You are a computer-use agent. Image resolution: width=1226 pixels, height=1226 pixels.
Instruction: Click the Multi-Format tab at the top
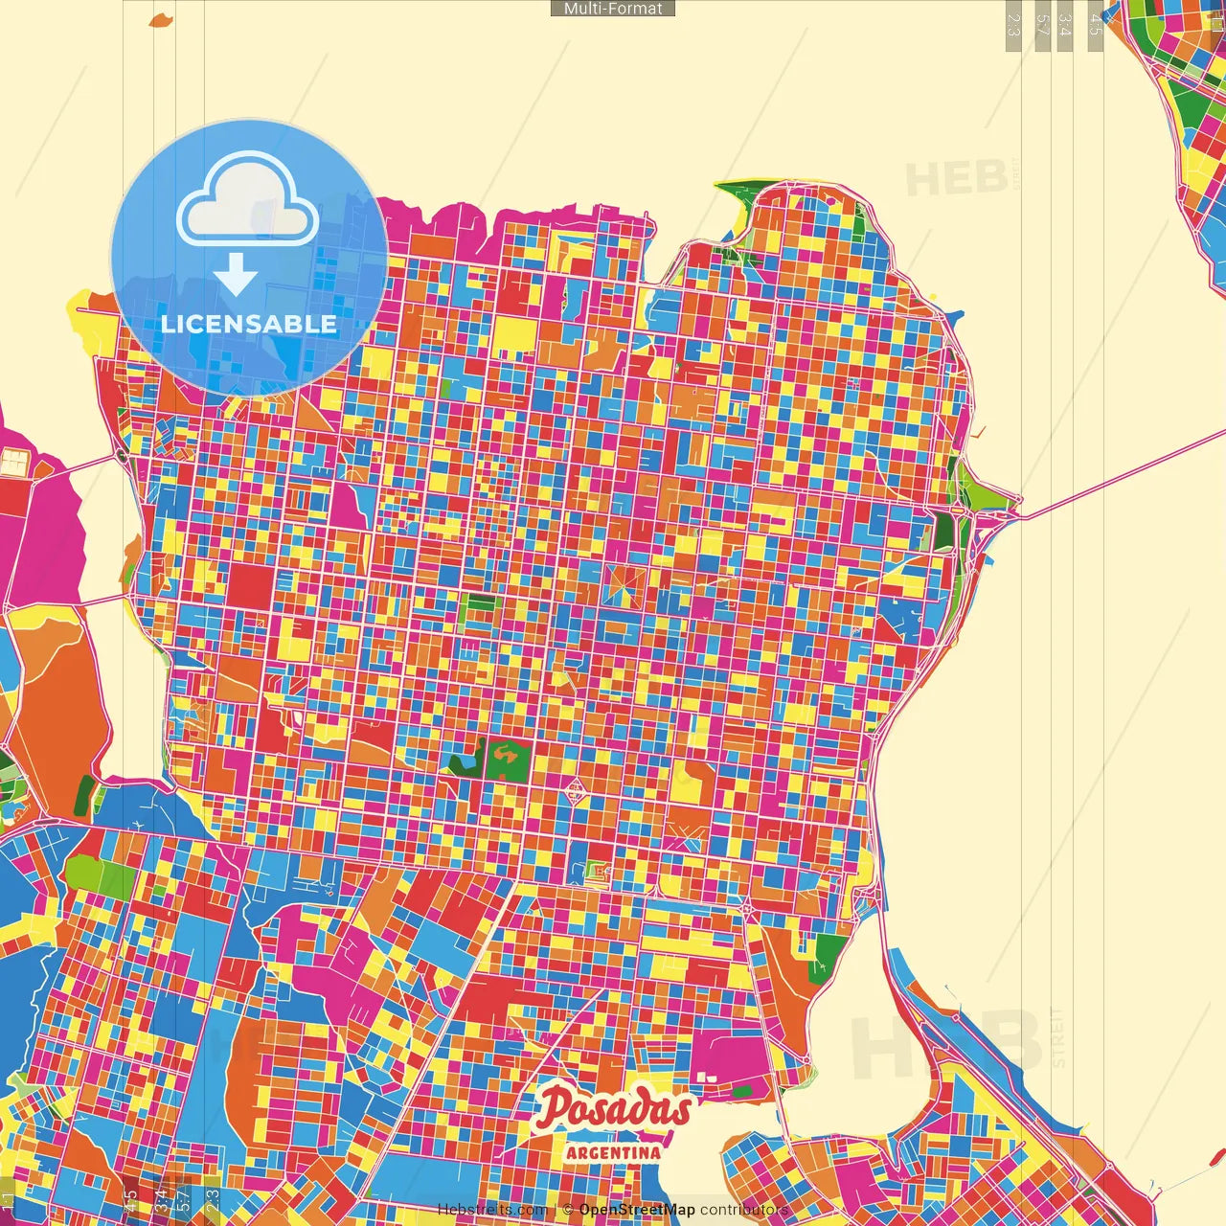tap(613, 9)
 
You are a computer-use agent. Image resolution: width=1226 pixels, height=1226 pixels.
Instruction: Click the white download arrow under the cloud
tap(235, 275)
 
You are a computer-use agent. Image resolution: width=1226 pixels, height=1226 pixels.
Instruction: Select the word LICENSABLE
tap(249, 324)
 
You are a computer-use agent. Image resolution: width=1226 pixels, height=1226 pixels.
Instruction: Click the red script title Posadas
tap(613, 1109)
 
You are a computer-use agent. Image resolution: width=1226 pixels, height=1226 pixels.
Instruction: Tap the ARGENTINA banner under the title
tap(613, 1152)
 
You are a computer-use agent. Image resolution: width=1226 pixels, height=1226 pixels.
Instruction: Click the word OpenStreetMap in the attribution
tap(637, 1210)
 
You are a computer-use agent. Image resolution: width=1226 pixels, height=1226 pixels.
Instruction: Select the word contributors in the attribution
tap(744, 1210)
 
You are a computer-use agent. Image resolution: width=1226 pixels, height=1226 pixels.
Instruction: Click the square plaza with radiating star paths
tap(624, 584)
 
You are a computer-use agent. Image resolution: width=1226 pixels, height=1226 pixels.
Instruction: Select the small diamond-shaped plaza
tap(577, 791)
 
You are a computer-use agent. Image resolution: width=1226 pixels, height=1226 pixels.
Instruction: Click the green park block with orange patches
tap(503, 760)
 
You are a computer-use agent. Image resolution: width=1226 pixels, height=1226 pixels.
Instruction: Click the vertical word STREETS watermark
tap(1057, 1036)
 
